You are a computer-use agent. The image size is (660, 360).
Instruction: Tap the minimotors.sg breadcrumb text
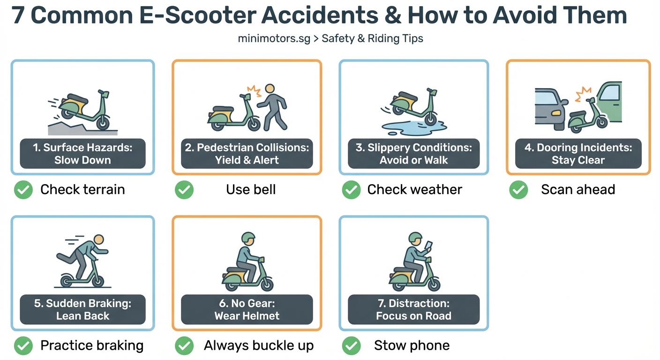[274, 38]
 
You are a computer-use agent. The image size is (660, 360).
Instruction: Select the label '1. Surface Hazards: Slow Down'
[82, 153]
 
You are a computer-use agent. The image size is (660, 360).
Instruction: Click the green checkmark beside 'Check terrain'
[23, 190]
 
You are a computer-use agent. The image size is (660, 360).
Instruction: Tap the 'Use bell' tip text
[251, 190]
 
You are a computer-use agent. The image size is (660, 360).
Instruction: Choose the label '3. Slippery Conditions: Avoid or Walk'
[413, 153]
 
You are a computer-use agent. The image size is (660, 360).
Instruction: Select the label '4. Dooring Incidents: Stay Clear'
[578, 153]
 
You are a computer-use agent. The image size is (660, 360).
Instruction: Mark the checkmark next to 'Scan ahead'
[518, 190]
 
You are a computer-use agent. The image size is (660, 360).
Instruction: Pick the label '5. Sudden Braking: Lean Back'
[82, 309]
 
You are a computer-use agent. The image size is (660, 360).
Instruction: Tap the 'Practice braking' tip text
[92, 346]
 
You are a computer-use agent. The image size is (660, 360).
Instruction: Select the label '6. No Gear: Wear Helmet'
[247, 309]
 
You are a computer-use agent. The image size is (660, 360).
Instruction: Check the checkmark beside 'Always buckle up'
[184, 346]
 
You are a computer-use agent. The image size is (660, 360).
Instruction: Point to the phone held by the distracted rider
[429, 246]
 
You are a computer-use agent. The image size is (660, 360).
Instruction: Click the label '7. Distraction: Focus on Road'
[413, 309]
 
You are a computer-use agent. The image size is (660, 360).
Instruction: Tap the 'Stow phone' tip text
[412, 346]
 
